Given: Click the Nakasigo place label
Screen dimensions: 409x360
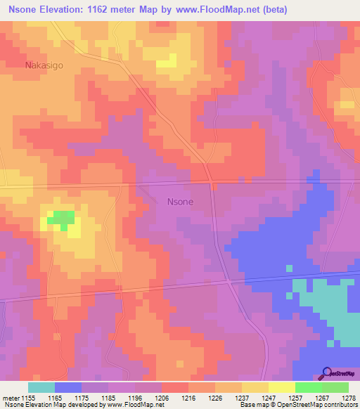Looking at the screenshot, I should (44, 66).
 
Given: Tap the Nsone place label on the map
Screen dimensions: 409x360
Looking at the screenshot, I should (180, 201).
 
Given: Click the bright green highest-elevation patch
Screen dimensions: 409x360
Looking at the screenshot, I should (61, 219).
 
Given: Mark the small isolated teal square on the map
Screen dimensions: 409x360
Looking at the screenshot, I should (289, 268).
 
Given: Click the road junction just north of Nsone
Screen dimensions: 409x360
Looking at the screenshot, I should (210, 181).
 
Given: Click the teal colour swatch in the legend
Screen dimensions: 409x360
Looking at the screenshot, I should (41, 387).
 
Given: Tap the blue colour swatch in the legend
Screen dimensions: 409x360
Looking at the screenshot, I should (68, 387).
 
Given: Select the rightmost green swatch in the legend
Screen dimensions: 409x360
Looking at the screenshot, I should (335, 387).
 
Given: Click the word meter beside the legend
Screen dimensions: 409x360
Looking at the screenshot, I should (11, 398).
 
